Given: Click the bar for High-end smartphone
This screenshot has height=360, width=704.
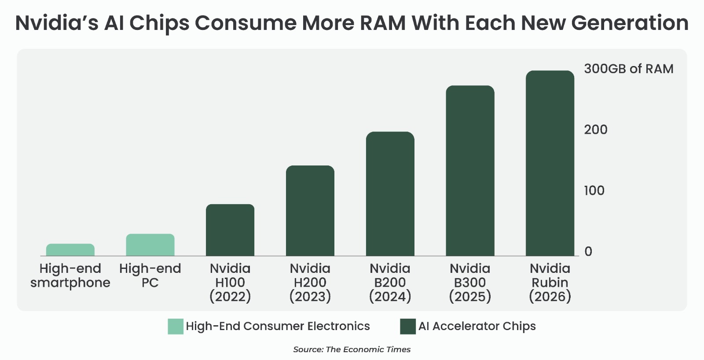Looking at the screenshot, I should [x=70, y=250].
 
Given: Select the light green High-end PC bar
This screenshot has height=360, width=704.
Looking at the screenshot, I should [x=150, y=245].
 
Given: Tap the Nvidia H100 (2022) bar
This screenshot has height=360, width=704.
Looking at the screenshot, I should [x=230, y=230].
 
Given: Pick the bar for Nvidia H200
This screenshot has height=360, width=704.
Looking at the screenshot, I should [x=310, y=211].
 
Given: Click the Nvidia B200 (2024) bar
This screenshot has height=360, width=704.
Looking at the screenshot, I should [x=390, y=194].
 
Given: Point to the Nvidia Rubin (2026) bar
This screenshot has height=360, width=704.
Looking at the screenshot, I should [x=550, y=163].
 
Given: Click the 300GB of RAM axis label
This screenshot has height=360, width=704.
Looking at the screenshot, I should [x=628, y=69].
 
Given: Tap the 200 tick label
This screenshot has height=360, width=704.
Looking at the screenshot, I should [x=595, y=130].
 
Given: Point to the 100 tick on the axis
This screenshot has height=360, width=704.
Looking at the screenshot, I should [x=594, y=191].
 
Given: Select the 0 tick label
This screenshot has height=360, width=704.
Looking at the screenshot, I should [x=588, y=252].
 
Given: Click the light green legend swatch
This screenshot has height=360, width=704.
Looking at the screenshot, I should [x=175, y=327].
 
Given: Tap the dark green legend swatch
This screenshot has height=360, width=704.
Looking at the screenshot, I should [x=408, y=327].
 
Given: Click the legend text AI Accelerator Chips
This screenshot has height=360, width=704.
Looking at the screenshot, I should [x=477, y=327].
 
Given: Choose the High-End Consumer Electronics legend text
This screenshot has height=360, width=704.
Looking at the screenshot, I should [x=278, y=327].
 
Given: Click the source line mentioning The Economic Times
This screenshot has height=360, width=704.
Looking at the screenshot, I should [x=352, y=349].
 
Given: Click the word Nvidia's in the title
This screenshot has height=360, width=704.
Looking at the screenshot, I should [x=57, y=23].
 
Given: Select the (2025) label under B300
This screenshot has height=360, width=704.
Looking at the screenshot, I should [x=470, y=297].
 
